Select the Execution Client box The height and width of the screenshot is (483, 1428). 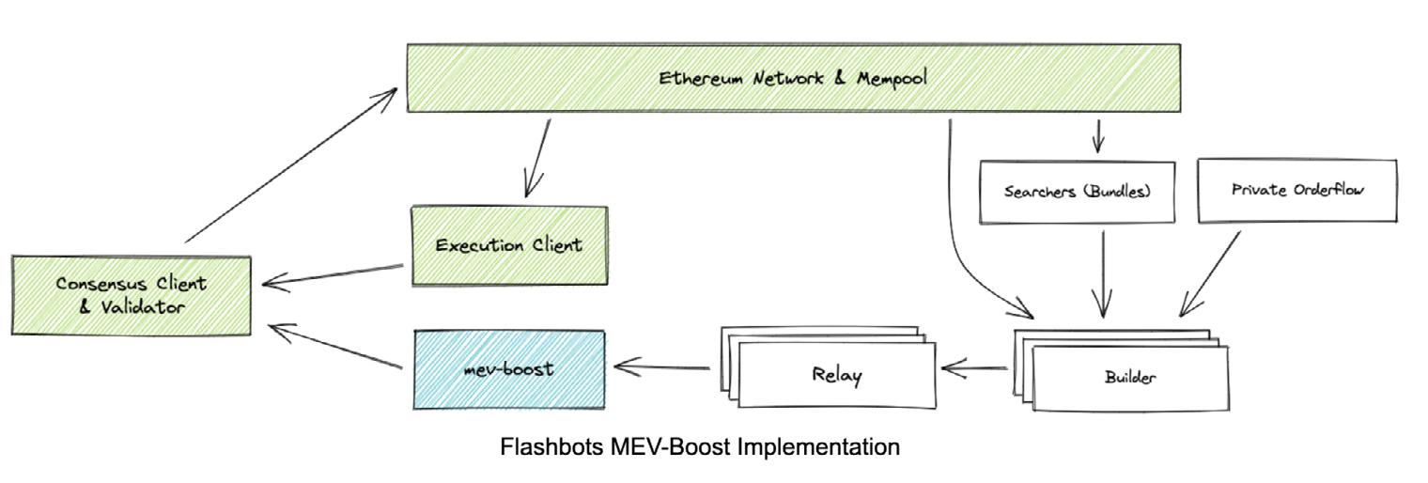(509, 246)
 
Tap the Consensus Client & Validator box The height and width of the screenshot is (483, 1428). (132, 294)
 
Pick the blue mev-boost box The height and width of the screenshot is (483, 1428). (509, 368)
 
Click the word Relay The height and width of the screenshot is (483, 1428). (837, 375)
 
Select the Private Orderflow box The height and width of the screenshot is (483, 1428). (1296, 189)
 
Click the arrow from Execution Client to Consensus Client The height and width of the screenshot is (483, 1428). (336, 273)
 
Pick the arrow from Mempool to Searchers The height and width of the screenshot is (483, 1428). (1096, 135)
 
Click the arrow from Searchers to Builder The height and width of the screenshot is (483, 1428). (1103, 273)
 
